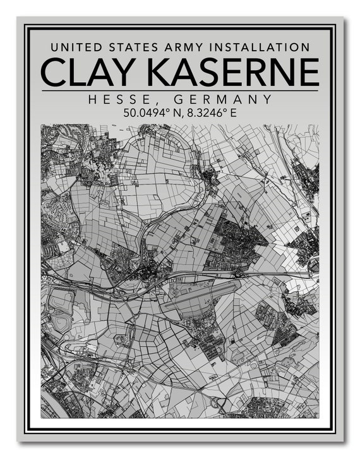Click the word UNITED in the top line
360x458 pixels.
pos(74,47)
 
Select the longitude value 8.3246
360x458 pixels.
pos(204,114)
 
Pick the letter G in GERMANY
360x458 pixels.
pos(177,100)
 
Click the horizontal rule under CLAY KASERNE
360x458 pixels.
pos(180,91)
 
